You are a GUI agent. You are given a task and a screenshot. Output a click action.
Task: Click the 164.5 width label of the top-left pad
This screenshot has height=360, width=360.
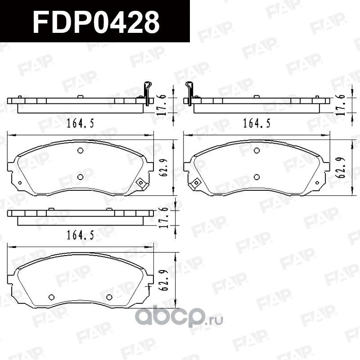80,123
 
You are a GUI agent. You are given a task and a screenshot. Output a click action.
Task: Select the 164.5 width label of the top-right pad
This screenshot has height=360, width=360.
256,123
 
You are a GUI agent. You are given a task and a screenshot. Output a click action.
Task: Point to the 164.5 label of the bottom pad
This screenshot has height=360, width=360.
80,234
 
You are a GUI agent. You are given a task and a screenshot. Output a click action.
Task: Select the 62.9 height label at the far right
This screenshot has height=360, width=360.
345,167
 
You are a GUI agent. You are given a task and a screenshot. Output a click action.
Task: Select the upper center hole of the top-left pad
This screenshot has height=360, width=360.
80,151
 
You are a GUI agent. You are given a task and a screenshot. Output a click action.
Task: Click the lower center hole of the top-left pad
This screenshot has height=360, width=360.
80,177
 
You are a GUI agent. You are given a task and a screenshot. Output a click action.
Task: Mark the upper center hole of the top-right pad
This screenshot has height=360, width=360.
256,151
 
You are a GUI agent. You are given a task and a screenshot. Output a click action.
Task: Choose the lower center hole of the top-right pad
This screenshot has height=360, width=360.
256,177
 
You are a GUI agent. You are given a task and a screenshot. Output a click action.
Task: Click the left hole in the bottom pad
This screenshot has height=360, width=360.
51,297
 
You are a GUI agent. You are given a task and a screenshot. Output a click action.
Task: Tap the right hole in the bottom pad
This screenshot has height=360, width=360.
109,297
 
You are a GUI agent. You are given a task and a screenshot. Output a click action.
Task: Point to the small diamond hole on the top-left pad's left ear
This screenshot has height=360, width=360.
20,182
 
